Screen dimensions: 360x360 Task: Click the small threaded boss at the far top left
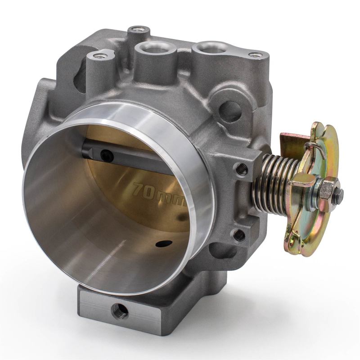click(98, 57)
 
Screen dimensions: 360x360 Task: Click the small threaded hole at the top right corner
click(255, 55)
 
